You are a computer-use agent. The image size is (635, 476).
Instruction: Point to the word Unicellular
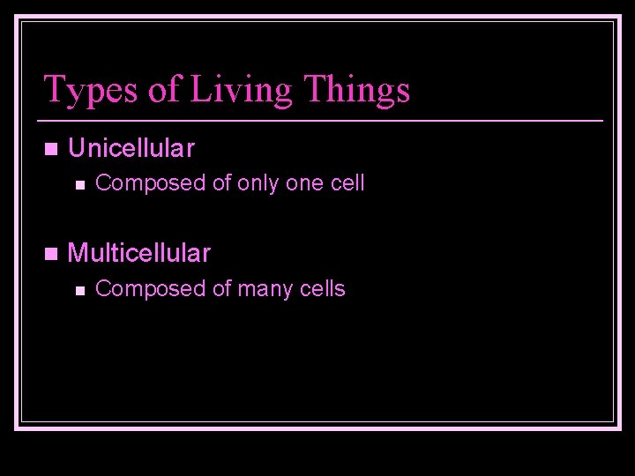[x=131, y=148]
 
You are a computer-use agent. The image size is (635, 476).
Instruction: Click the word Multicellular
[x=138, y=254]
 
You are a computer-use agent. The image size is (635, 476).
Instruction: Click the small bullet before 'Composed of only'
[x=78, y=184]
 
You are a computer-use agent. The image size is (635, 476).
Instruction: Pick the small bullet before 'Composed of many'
[x=78, y=289]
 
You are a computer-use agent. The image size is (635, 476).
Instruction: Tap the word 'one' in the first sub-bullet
[x=300, y=183]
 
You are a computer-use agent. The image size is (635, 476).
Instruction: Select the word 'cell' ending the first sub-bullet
[x=346, y=183]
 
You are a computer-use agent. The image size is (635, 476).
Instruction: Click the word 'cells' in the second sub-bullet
[x=324, y=288]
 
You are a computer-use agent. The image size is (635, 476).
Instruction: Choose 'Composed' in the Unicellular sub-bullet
[x=136, y=184]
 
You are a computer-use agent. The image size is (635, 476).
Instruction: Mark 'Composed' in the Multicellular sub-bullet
[x=136, y=289]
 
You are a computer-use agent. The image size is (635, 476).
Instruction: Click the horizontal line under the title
[x=322, y=119]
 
